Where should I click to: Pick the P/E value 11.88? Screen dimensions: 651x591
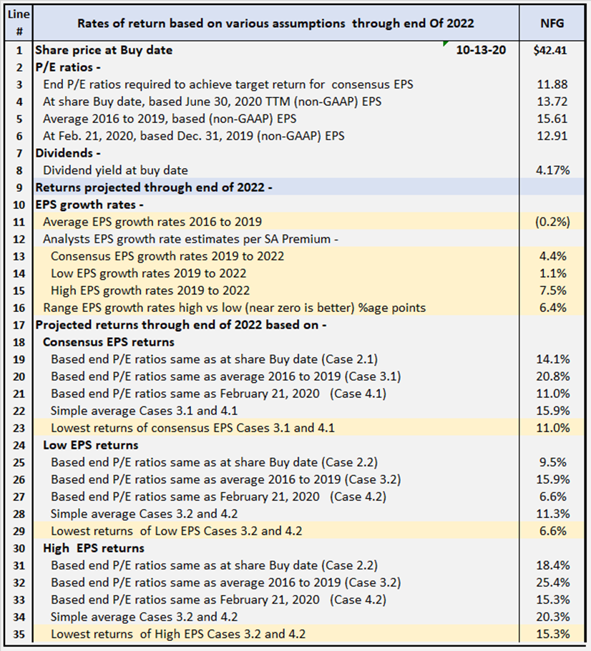pos(555,84)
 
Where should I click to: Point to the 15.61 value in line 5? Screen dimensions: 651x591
pos(555,119)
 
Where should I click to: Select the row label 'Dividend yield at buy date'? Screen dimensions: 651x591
pos(115,170)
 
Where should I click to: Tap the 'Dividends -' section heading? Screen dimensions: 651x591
pos(64,153)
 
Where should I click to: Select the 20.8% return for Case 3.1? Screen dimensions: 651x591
pos(555,376)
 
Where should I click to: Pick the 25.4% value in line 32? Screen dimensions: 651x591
pos(555,582)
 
